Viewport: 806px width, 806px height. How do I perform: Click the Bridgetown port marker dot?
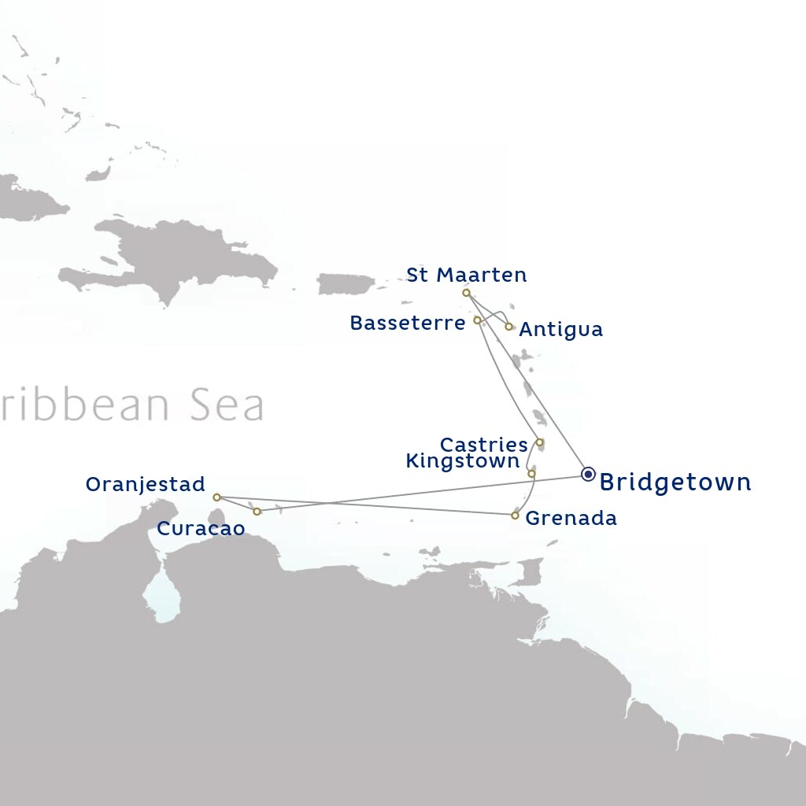click(x=588, y=474)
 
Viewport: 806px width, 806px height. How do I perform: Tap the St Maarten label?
click(x=466, y=275)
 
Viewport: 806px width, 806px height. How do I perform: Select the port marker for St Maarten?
click(x=467, y=293)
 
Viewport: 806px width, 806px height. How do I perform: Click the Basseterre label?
click(x=407, y=323)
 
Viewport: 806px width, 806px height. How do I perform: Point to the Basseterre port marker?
click(x=477, y=320)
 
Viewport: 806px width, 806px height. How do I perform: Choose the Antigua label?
click(x=561, y=329)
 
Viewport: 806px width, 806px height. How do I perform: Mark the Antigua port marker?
click(x=509, y=326)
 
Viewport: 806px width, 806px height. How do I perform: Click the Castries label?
click(x=483, y=445)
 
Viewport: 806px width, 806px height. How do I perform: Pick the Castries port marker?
click(x=539, y=442)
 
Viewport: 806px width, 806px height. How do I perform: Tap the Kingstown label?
click(x=462, y=461)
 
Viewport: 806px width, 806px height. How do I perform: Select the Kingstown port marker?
click(x=531, y=473)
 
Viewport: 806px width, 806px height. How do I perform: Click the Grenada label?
click(x=571, y=518)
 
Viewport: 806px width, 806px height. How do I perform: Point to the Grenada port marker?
click(x=515, y=516)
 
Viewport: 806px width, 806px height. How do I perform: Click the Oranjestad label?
click(x=145, y=484)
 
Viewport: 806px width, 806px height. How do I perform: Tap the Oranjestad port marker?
click(x=216, y=497)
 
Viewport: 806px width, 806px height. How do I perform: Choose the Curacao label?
click(x=201, y=529)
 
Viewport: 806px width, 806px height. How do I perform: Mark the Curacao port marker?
click(x=257, y=512)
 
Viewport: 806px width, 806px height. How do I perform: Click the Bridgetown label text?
click(x=675, y=482)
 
